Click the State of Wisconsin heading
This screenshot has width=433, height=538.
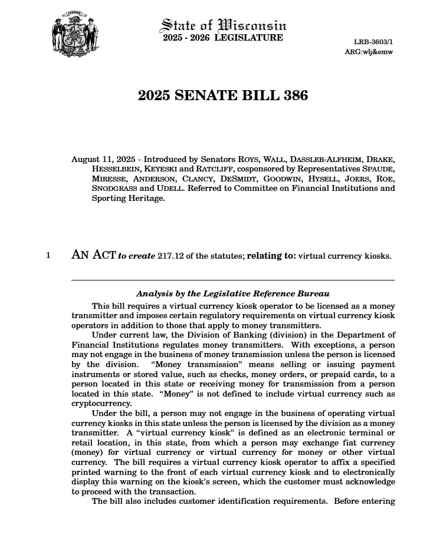tap(224, 25)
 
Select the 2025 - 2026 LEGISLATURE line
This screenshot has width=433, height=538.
tap(223, 38)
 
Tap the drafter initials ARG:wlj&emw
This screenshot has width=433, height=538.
tap(369, 52)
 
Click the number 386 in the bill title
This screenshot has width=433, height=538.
tap(293, 95)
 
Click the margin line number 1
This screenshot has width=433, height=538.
tap(48, 256)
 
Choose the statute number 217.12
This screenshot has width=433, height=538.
tap(170, 256)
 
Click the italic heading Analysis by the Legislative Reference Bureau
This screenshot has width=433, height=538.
tap(232, 293)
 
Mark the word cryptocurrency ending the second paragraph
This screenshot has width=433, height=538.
tap(101, 404)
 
